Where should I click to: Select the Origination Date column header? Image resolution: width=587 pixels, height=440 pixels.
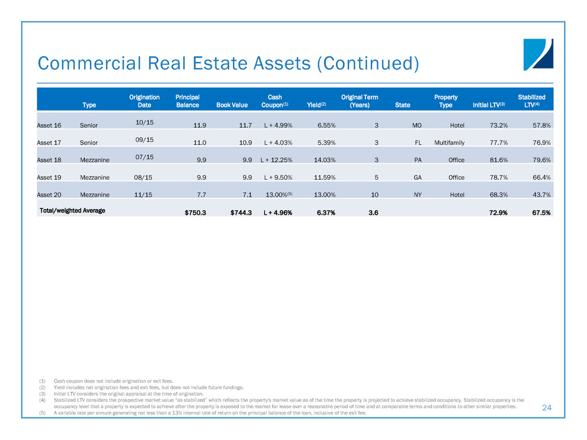click(x=144, y=101)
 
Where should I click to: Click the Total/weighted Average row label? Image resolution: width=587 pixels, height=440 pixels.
click(x=72, y=210)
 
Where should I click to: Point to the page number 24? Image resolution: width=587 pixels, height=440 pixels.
click(x=547, y=408)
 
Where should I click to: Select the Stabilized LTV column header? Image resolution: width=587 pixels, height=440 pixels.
click(x=531, y=101)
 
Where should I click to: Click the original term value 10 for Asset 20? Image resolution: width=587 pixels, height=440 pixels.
click(x=376, y=195)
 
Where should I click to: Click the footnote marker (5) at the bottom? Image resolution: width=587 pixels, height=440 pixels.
click(x=42, y=413)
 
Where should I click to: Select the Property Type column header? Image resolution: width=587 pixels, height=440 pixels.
click(x=446, y=101)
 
